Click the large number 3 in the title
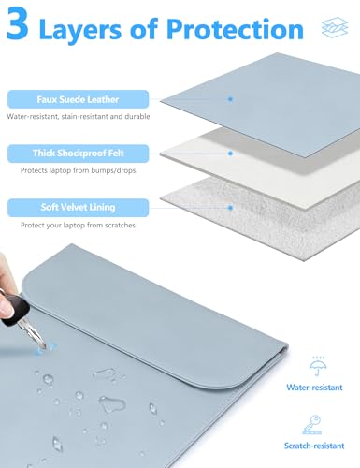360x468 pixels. pos(18,23)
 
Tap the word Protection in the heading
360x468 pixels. pos(235,29)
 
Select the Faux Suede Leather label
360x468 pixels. pos(78,99)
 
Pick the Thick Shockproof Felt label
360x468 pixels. pos(78,154)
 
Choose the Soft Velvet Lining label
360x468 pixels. pos(78,208)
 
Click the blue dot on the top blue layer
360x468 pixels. pos(230,99)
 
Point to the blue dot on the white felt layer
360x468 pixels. pos(230,154)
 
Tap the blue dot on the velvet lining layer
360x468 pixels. pos(230,207)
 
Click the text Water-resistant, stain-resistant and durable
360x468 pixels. pos(79,117)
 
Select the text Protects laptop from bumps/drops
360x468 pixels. pos(79,170)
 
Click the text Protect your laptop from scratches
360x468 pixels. pos(79,225)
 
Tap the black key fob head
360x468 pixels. pos(15,308)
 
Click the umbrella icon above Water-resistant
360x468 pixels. pos(318,367)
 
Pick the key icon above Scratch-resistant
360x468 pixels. pos(312,425)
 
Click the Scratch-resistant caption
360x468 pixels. pos(314,446)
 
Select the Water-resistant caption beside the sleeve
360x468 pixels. pos(314,388)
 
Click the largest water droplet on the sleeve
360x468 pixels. pos(112,404)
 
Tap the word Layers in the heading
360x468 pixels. pos(80,30)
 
